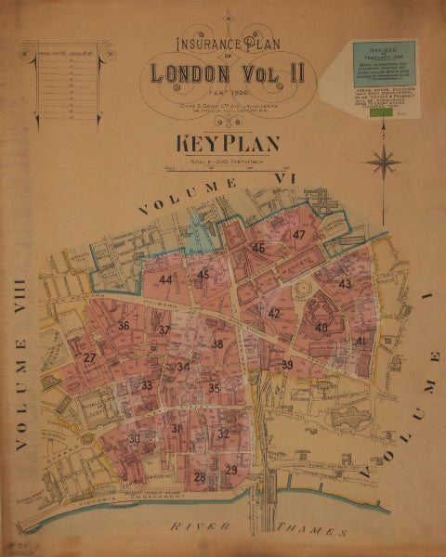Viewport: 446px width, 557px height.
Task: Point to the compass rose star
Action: point(382,163)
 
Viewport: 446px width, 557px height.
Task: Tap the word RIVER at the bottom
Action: point(193,526)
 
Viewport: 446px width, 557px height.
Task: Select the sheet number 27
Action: point(90,358)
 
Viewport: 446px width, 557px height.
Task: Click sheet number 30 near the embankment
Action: point(134,438)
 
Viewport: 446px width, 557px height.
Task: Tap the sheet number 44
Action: point(165,279)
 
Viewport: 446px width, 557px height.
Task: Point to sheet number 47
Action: point(299,235)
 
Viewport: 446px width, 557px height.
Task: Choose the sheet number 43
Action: point(345,283)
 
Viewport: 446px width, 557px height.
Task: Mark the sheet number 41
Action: point(361,342)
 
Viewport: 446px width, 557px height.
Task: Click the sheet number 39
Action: point(287,365)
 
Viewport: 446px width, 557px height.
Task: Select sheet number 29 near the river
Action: point(230,470)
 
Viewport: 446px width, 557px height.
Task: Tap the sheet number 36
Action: point(123,326)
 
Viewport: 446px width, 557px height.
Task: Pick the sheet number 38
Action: point(217,344)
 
